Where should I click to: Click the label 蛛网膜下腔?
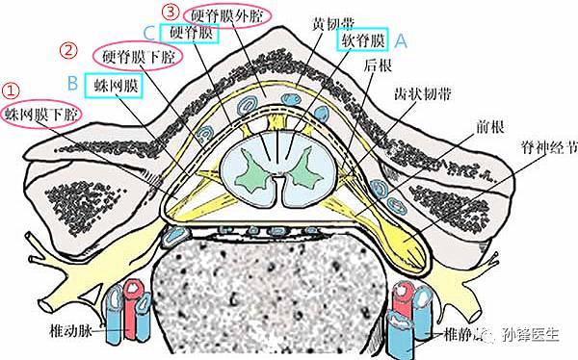coord(41,116)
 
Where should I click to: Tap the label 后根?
coord(378,67)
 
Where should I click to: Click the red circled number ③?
coord(171,13)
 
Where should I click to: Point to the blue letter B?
coord(72,84)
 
